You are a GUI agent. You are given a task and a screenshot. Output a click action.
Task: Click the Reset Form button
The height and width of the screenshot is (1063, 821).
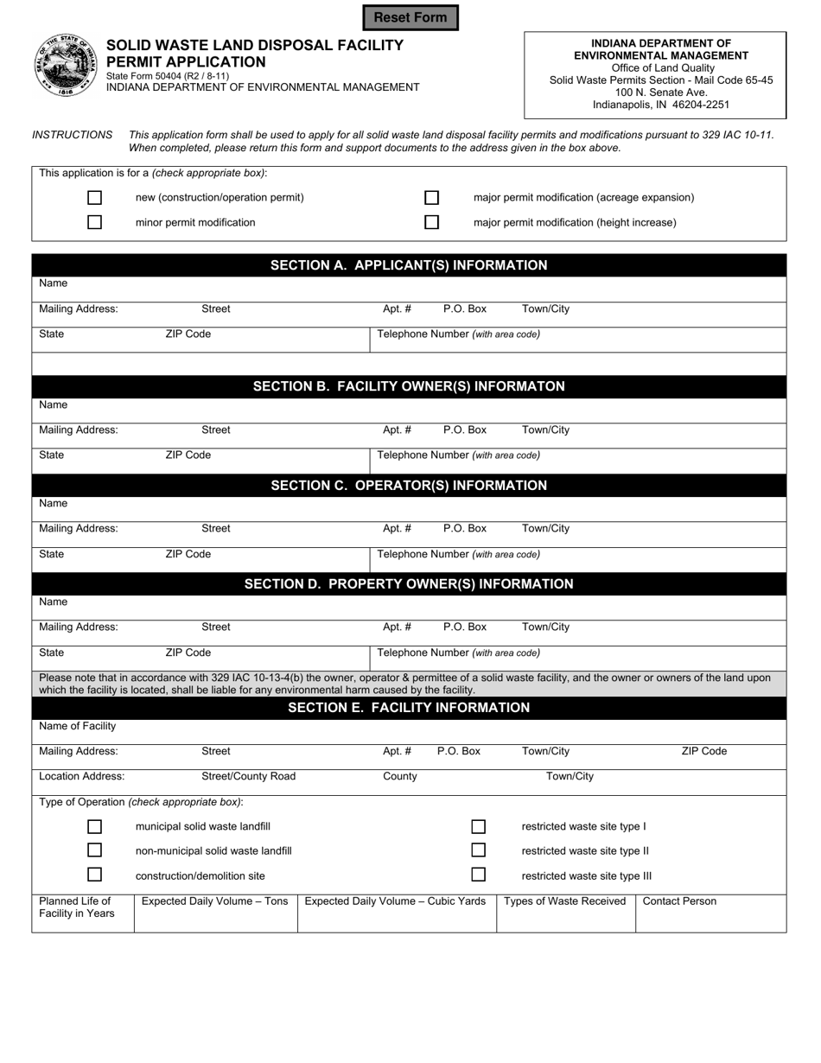click(x=410, y=17)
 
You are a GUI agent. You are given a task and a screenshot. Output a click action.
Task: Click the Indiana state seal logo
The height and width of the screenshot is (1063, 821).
click(x=66, y=66)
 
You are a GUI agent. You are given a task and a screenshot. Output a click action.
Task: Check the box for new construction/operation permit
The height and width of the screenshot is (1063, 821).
click(x=95, y=198)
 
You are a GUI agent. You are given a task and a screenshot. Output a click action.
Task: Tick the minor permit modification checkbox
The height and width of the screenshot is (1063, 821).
click(x=95, y=223)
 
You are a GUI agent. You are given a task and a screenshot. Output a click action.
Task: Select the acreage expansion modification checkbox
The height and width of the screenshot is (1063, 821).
click(x=432, y=198)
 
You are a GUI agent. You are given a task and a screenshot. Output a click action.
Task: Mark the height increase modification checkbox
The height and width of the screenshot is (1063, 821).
click(x=432, y=223)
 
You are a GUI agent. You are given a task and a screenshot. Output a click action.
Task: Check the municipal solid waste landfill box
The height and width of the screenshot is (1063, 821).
click(x=95, y=827)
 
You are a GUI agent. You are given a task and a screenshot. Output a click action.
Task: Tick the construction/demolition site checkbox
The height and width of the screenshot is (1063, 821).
click(x=95, y=875)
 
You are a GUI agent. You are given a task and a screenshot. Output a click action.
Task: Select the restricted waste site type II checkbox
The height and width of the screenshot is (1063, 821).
click(x=479, y=851)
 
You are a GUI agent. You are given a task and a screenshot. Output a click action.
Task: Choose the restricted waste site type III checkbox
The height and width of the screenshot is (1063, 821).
click(x=479, y=875)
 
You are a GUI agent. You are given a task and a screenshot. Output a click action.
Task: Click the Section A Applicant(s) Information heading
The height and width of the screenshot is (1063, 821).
click(x=409, y=265)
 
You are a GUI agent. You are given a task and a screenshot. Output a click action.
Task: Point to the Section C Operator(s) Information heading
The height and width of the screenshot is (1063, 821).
click(x=409, y=486)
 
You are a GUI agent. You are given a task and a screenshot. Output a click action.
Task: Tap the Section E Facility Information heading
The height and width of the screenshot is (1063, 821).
click(x=409, y=708)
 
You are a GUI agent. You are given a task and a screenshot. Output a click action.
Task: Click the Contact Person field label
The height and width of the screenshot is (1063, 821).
click(x=679, y=901)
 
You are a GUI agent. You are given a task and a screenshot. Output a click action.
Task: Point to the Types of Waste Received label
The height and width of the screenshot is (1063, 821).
click(x=564, y=901)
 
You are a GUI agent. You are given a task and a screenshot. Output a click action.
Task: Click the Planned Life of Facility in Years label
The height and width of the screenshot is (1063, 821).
click(x=76, y=907)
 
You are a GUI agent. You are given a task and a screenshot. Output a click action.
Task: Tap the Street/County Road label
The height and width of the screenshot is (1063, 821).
click(x=249, y=776)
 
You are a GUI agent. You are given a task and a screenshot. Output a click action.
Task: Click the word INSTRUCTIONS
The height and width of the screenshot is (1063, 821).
click(x=73, y=135)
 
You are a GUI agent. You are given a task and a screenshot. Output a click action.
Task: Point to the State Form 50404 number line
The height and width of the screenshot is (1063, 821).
click(x=168, y=76)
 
